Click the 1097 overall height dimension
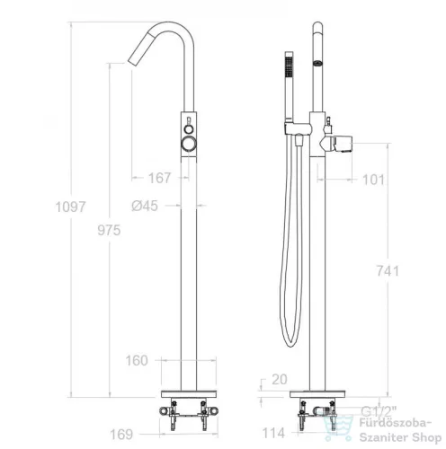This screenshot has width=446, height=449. pos(71,207)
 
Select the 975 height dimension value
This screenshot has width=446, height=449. pos(109,230)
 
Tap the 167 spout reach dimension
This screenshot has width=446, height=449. pos(159,178)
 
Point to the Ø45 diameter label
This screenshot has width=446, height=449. pos(145,206)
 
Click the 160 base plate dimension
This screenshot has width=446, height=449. pos(137,360)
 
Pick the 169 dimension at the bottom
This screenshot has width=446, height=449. pos(121,435)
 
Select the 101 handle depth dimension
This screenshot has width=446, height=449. pos(373,180)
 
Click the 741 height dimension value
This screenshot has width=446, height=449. pos(388,271)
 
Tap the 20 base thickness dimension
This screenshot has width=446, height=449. pos(280,380)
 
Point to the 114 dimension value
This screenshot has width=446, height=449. pos(273,433)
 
